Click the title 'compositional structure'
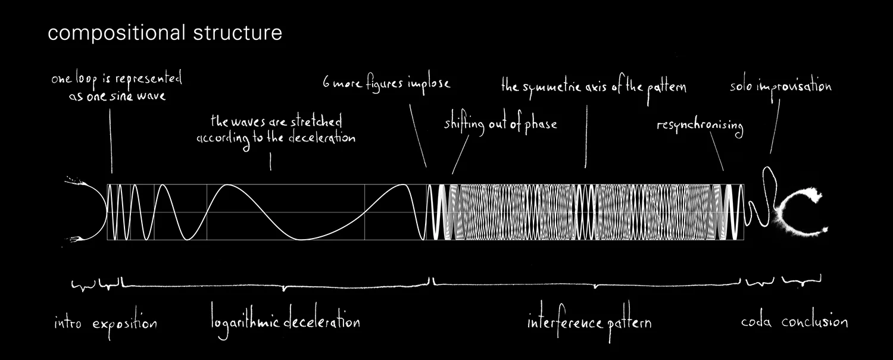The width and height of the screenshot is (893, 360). pyautogui.click(x=165, y=34)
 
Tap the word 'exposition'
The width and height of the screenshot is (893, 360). pyautogui.click(x=124, y=324)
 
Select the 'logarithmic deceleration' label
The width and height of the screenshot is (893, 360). pyautogui.click(x=286, y=323)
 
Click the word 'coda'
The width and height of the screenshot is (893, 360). pyautogui.click(x=757, y=323)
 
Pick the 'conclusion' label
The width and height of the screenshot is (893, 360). pyautogui.click(x=814, y=323)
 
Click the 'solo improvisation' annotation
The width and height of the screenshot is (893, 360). pyautogui.click(x=780, y=87)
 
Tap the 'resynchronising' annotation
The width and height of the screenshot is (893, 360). pyautogui.click(x=700, y=126)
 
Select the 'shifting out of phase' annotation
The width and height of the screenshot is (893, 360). pyautogui.click(x=500, y=124)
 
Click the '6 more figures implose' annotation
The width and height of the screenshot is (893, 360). pyautogui.click(x=386, y=83)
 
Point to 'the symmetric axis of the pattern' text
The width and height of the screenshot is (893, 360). pyautogui.click(x=594, y=87)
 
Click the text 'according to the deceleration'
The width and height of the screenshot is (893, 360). pyautogui.click(x=276, y=138)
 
